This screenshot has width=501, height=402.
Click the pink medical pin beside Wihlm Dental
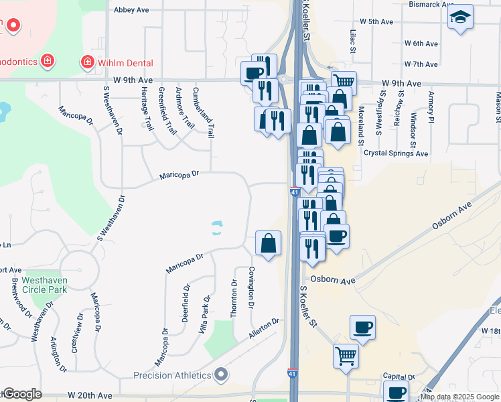pyautogui.click(x=87, y=63)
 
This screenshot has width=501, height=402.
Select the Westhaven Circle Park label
pyautogui.click(x=44, y=285)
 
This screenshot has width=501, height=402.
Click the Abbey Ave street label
pyautogui.click(x=131, y=10)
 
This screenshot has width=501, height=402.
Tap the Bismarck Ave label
pyautogui.click(x=431, y=4)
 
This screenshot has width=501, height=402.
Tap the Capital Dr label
pyautogui.click(x=399, y=377)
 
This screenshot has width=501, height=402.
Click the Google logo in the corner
pyautogui.click(x=21, y=395)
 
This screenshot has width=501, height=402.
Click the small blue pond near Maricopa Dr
pyautogui.click(x=217, y=228)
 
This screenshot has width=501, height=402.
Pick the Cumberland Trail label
pyautogui.click(x=203, y=112)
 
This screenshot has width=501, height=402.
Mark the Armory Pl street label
pyautogui.click(x=432, y=108)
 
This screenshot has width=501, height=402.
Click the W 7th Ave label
pyautogui.click(x=421, y=64)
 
